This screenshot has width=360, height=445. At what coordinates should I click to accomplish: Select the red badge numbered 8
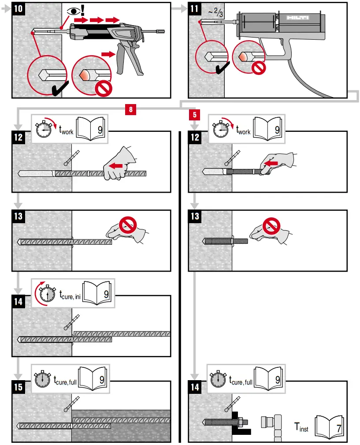point(130,108)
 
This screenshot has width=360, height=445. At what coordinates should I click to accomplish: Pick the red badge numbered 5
point(194,115)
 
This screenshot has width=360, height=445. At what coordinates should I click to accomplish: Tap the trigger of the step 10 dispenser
point(120,62)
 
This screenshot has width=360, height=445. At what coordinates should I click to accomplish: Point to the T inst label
point(301,427)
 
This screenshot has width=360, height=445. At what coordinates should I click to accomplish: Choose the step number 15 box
point(19,387)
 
